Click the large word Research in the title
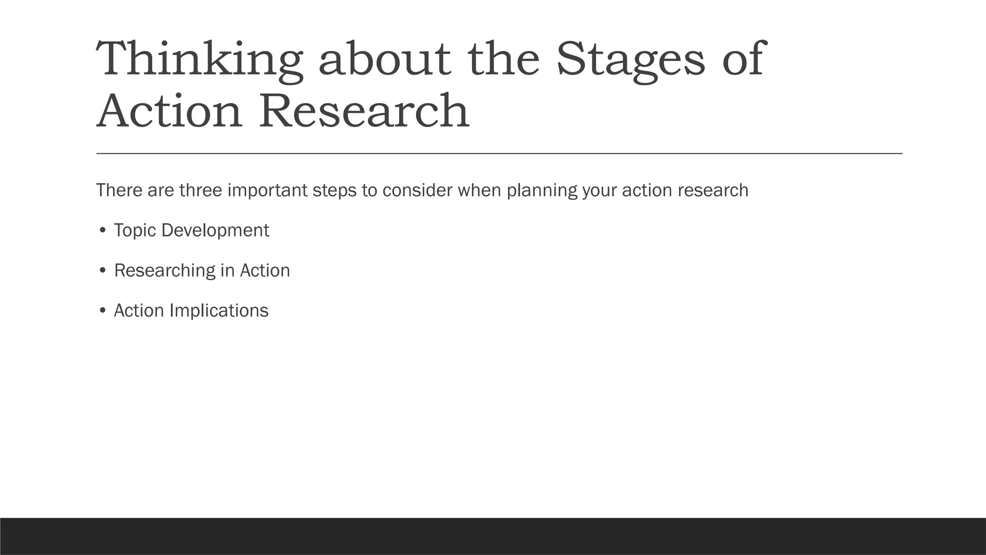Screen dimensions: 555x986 [x=364, y=112]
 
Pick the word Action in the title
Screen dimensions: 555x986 [x=169, y=112]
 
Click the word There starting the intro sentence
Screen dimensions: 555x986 [x=119, y=190]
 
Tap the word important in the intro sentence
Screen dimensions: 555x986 [x=267, y=190]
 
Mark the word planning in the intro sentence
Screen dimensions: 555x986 [x=542, y=190]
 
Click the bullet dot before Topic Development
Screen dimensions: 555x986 [x=102, y=231]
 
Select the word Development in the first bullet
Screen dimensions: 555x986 [x=215, y=231]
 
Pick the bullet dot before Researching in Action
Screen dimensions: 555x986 [x=102, y=271]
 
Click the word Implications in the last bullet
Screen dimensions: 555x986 [x=219, y=311]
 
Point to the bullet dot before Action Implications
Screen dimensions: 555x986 [x=102, y=311]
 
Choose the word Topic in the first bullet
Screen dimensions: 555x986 [x=135, y=231]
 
